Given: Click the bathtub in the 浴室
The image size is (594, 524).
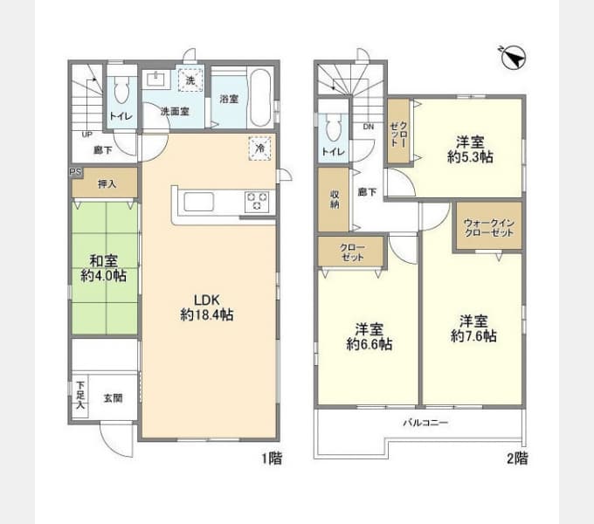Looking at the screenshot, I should (x=259, y=98).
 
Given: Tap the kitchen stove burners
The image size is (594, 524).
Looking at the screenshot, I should (x=257, y=201).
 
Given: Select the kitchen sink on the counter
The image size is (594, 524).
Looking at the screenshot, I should (x=197, y=202).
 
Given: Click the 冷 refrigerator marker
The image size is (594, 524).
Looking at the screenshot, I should (x=259, y=148).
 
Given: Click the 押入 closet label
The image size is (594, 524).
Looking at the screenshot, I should (x=106, y=184).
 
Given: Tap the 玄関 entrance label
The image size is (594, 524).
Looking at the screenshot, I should (x=114, y=398).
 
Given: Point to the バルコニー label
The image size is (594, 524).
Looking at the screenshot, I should (x=425, y=423).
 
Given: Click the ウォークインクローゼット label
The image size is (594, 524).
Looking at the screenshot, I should (x=487, y=227).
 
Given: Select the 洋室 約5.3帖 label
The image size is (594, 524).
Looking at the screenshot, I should (x=471, y=149).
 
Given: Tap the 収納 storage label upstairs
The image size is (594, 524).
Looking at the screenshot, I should (x=333, y=200).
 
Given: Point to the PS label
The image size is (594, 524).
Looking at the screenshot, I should (x=74, y=173).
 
